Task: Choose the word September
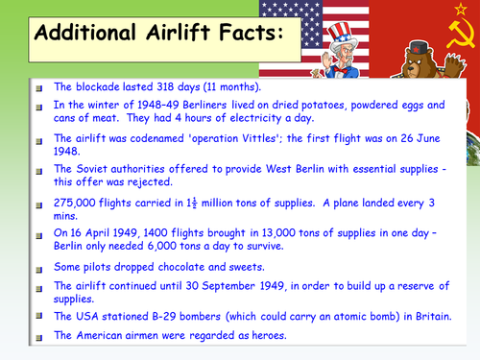(x=238, y=285)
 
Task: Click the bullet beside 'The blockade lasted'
(x=38, y=87)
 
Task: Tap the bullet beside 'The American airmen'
(x=38, y=335)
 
